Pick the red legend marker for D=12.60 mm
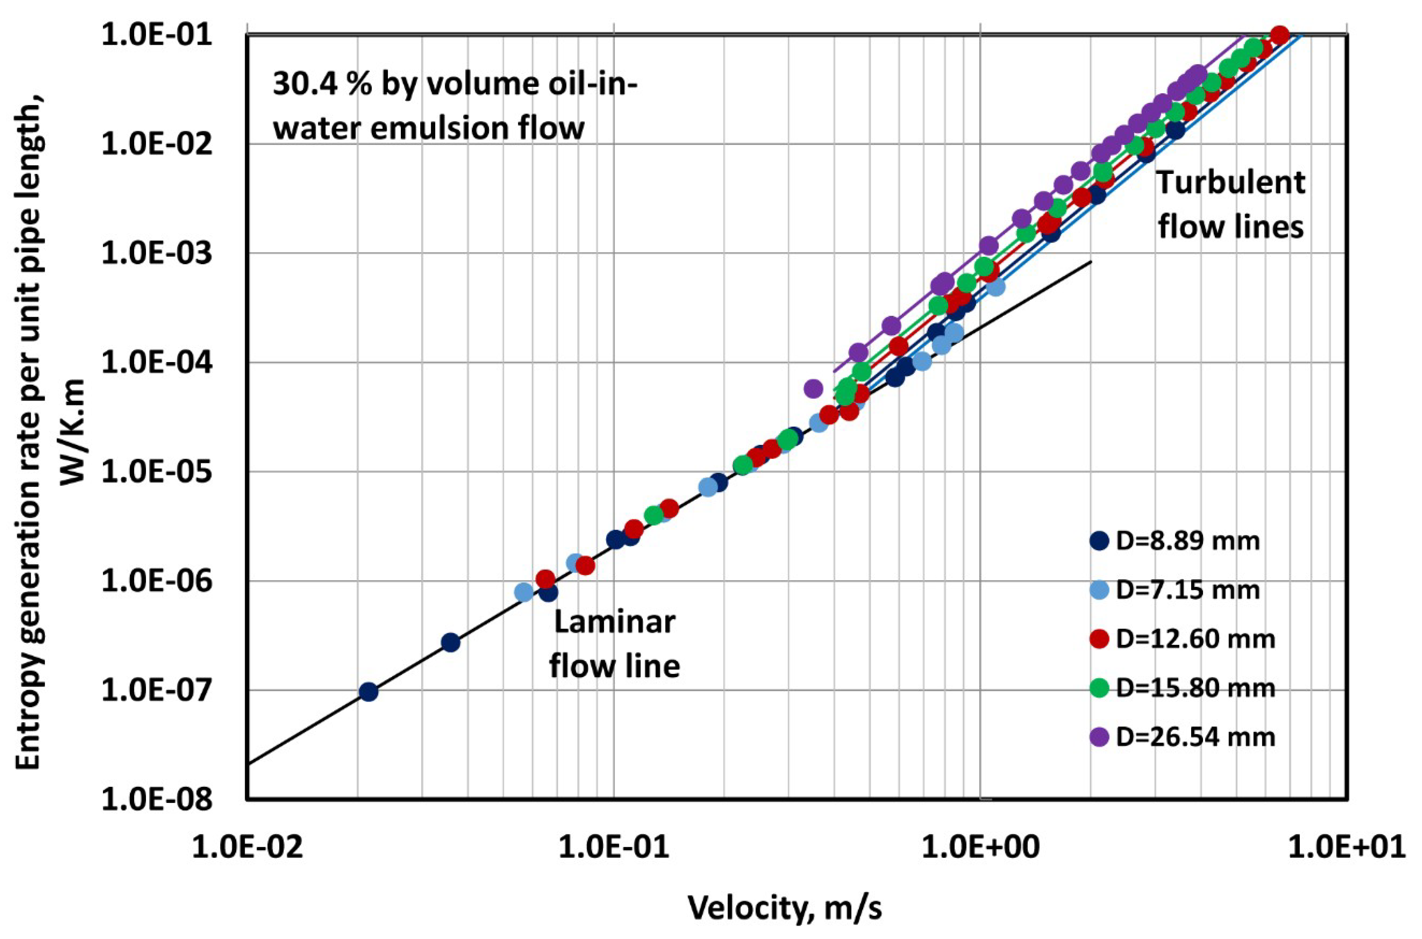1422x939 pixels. click(x=1099, y=639)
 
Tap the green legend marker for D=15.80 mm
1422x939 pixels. click(x=1099, y=688)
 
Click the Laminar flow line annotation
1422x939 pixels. click(x=615, y=644)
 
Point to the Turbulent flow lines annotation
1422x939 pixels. click(x=1230, y=205)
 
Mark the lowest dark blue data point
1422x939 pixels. click(x=369, y=692)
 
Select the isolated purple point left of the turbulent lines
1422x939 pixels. click(x=813, y=389)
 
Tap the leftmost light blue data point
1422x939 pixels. click(x=524, y=592)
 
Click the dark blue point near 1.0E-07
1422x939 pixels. click(x=369, y=692)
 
